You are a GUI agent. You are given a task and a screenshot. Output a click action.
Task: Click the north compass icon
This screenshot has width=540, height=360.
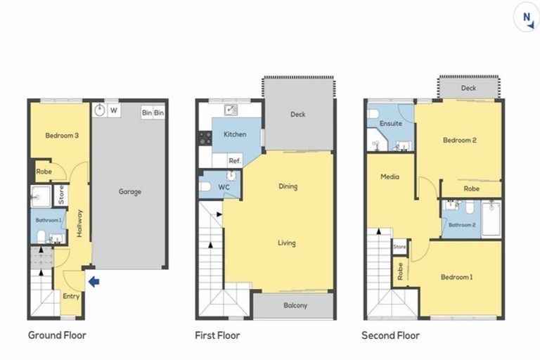tap(525, 18)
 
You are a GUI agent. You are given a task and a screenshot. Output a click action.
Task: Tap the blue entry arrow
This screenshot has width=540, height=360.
tap(94, 282)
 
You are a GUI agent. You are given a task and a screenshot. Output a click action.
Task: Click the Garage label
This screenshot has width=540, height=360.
tap(129, 191)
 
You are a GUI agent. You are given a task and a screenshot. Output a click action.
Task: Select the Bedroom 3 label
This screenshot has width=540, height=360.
tap(61, 136)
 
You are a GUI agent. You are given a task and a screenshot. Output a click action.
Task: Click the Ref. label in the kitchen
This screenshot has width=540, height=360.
tap(233, 161)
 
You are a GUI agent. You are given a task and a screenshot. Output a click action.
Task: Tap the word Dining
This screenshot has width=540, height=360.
tap(288, 186)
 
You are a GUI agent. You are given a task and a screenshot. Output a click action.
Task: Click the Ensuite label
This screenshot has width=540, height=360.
tap(390, 123)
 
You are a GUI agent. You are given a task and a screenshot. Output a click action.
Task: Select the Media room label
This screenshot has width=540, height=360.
tap(390, 176)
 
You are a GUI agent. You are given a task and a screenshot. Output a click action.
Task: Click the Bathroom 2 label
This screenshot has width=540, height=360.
tap(463, 224)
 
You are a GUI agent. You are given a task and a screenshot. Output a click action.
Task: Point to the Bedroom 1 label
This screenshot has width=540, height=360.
tap(456, 277)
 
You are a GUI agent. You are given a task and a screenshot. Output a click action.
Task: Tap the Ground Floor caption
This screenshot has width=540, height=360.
tap(57, 335)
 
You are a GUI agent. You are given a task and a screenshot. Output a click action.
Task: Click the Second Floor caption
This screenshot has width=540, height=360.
tap(390, 335)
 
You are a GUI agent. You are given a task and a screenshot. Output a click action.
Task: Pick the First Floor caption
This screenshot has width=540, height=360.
tap(217, 335)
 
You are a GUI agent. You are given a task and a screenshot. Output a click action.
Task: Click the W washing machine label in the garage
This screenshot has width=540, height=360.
tap(113, 110)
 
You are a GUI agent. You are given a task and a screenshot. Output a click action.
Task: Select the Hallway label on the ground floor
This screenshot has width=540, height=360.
tap(80, 224)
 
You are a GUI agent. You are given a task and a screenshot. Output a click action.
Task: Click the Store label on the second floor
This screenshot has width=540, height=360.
tap(399, 247)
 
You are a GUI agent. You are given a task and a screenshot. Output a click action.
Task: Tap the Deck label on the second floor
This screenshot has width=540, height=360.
tap(468, 88)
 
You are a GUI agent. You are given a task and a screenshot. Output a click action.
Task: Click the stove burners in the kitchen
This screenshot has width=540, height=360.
tap(205, 138)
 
